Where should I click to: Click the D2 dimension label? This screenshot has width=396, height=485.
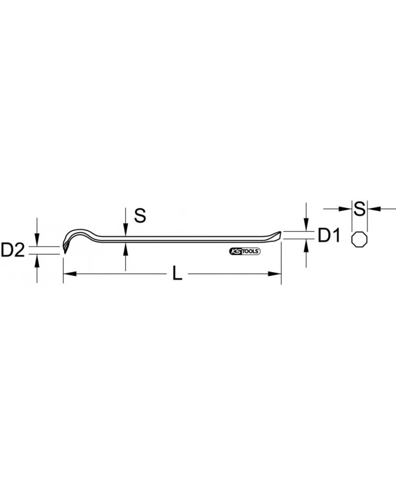13,250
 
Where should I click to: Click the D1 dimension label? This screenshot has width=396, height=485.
329,235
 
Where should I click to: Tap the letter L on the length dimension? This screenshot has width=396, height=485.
177,274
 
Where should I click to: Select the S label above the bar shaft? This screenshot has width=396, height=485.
140,216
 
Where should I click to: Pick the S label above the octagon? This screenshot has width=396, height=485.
360,209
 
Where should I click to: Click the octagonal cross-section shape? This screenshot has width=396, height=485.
360,239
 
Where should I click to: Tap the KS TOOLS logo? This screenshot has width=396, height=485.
245,252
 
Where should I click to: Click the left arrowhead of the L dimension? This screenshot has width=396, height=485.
70,274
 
